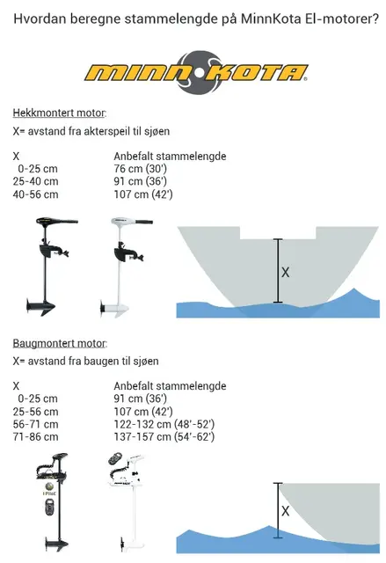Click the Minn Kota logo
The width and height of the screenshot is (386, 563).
(193, 71)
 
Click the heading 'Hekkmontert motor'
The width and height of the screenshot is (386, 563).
(59, 113)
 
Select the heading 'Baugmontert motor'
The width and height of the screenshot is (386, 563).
(59, 342)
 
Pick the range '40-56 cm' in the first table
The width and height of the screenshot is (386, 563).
(36, 194)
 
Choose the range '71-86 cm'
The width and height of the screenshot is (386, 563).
(36, 435)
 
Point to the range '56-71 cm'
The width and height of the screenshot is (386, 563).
(36, 423)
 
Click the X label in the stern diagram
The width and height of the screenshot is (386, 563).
(285, 273)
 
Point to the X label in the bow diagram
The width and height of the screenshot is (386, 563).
(284, 510)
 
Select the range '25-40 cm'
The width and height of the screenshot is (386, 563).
(36, 182)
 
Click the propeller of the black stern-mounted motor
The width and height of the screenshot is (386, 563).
(40, 306)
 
